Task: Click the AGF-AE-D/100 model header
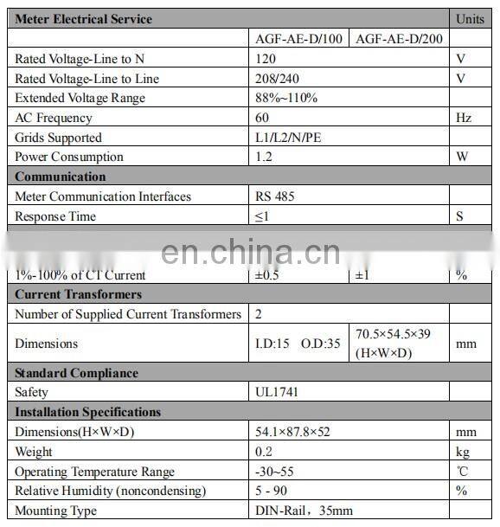click(x=298, y=39)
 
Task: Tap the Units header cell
click(x=470, y=19)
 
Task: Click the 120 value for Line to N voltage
click(x=266, y=59)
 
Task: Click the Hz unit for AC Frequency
click(x=463, y=118)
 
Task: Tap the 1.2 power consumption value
click(x=264, y=157)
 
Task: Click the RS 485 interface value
click(x=275, y=196)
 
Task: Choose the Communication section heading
click(x=60, y=177)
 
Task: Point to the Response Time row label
click(x=55, y=216)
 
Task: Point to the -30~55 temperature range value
click(x=274, y=472)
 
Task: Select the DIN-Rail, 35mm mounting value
click(x=304, y=511)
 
